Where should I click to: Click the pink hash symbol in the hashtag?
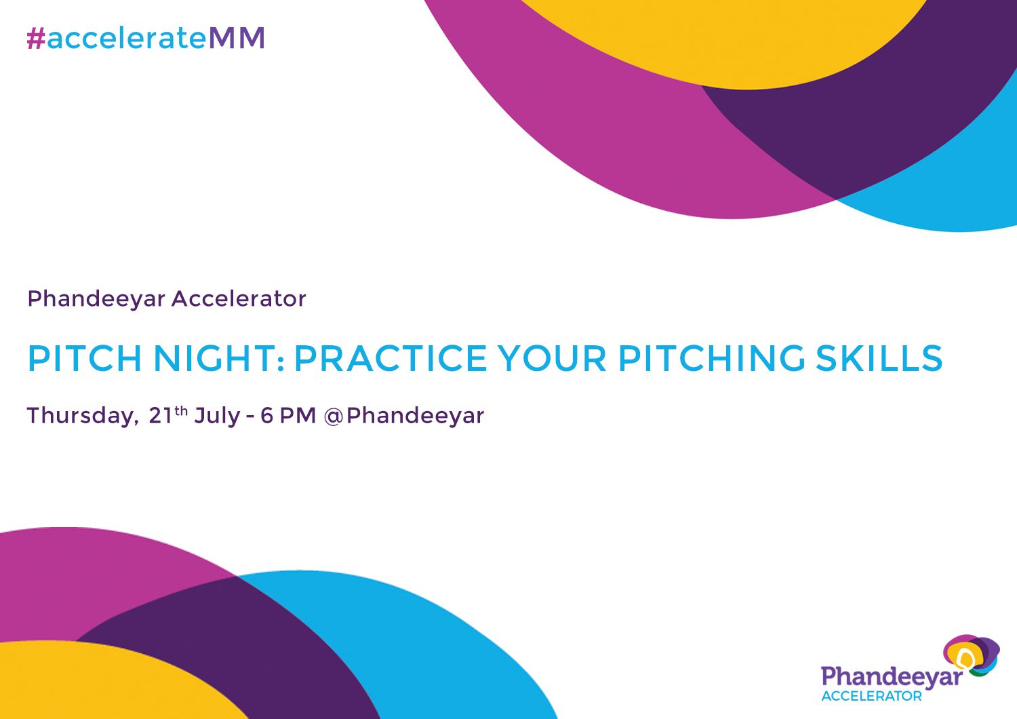[x=35, y=39]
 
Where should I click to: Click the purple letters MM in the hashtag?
[x=237, y=39]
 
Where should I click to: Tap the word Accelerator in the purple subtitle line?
[x=239, y=298]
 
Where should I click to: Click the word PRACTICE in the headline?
[x=391, y=358]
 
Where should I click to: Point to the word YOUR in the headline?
[x=552, y=358]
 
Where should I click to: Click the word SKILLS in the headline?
[x=879, y=358]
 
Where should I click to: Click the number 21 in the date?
[x=161, y=416]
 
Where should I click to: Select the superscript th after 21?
[x=181, y=410]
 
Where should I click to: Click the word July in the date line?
[x=217, y=416]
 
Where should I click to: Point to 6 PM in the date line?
[x=288, y=415]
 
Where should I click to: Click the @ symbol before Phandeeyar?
[x=334, y=416]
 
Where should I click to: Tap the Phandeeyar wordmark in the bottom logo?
[x=891, y=677]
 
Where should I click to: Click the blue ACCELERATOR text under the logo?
[x=871, y=697]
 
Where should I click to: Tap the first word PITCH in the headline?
[x=85, y=358]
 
